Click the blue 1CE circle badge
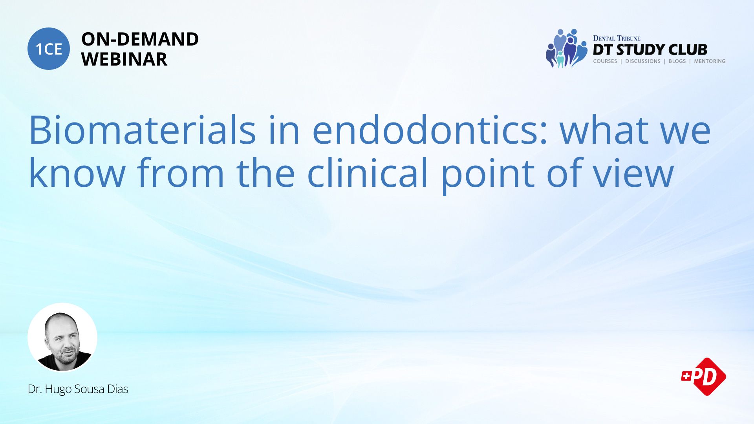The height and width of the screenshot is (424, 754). pos(49,49)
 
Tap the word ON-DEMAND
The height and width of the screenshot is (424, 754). pos(140,39)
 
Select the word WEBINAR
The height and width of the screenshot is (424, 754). pos(124,59)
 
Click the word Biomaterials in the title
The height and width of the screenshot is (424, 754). pos(142,130)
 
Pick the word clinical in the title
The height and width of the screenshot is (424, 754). pos(367,173)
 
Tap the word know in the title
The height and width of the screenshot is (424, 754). pos(77,173)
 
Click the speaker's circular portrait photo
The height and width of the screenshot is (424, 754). pos(62,337)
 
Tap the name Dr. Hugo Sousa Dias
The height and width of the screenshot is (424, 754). pos(78,389)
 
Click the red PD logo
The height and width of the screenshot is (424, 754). pos(704,376)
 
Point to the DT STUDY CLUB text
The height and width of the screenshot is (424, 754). pos(650,49)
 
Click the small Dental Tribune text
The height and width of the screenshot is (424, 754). pos(617,38)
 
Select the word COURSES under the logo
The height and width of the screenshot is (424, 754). pos(605,61)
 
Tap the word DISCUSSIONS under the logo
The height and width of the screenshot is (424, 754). pos(643,61)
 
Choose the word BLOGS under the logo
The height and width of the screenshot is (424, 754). pos(677,61)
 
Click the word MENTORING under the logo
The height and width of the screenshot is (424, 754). pos(710,61)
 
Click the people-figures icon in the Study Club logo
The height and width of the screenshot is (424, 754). pos(566,48)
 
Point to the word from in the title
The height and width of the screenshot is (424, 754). pos(180,173)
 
